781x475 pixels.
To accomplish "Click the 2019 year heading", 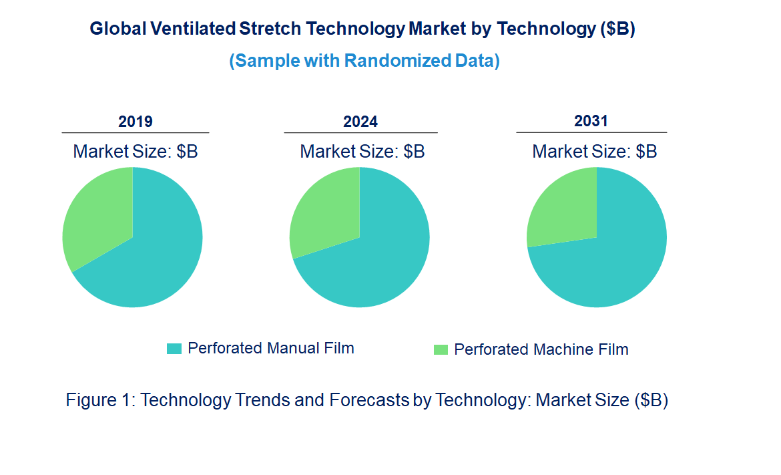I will tap(136, 122).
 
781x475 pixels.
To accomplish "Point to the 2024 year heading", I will tap(360, 122).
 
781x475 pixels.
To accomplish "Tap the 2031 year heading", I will tap(591, 121).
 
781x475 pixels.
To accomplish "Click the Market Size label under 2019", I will tap(136, 152).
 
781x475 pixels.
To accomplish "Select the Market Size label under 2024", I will tap(362, 152).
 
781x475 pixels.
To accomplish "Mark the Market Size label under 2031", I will tap(594, 152).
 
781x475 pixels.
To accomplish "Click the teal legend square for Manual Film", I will tap(174, 349).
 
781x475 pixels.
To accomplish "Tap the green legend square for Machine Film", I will tap(441, 350).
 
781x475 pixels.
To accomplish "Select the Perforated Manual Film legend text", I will tap(270, 348).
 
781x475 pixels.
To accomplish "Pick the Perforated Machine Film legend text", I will tap(541, 349).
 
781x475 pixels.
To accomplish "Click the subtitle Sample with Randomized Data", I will tap(364, 61).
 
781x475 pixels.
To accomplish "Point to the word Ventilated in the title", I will tap(192, 29).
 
